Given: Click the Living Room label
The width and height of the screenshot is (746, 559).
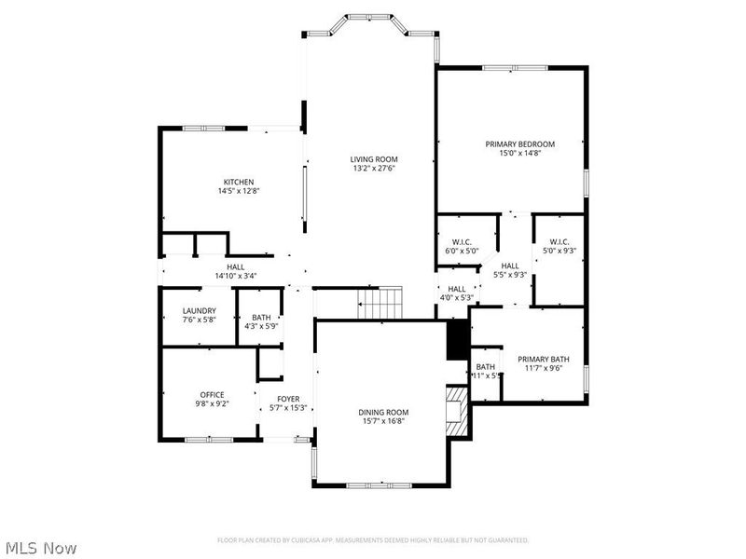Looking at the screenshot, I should tap(374, 159).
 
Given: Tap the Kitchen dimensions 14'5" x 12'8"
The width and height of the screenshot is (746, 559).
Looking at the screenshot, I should tap(238, 191).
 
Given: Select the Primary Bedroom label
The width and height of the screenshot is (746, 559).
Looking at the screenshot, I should tap(519, 143).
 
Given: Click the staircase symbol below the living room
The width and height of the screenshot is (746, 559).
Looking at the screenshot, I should tap(380, 302).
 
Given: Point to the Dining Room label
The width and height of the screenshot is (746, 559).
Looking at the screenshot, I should tap(383, 412).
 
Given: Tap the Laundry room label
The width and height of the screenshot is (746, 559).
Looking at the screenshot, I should tap(199, 311).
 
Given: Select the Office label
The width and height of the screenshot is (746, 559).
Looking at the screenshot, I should tap(212, 395).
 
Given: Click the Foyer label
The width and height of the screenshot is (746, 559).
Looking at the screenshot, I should tap(287, 399).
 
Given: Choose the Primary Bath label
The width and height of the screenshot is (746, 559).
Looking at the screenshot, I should tap(544, 359).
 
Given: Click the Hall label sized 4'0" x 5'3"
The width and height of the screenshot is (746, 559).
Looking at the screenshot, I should tap(457, 289).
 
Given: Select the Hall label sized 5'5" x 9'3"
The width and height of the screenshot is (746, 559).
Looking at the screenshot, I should tap(510, 266).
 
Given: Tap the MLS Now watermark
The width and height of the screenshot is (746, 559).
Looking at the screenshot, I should tap(40, 548).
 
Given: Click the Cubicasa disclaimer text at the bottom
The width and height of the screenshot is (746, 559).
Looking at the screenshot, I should tap(373, 540).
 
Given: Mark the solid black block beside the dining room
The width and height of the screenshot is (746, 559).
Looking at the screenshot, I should tap(458, 340).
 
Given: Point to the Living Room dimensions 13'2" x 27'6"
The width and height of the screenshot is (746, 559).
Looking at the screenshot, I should tap(374, 169).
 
